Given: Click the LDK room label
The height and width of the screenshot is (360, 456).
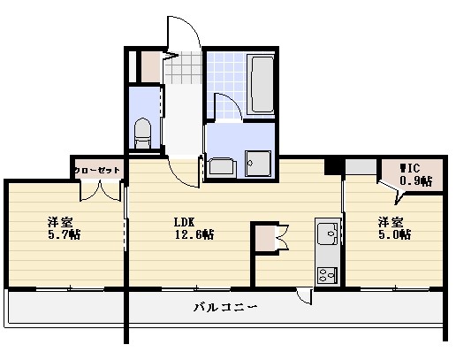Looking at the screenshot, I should click(x=184, y=221).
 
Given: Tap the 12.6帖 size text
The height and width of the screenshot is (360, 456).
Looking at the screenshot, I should click(x=194, y=234).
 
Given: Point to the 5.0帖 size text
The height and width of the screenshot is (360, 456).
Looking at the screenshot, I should click(x=394, y=234).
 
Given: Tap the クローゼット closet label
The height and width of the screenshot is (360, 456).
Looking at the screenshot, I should click(x=95, y=170).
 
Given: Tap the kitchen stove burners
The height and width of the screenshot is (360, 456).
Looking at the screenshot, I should click(x=327, y=273).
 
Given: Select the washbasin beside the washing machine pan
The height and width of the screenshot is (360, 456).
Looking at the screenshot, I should click(x=220, y=166).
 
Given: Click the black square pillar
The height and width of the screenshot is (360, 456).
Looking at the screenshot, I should click(x=333, y=165).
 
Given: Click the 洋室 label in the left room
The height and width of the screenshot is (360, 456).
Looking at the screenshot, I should click(x=59, y=221).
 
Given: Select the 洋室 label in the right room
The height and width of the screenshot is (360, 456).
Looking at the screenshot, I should click(x=391, y=221).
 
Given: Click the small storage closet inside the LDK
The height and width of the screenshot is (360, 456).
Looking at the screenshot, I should click(x=263, y=239).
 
